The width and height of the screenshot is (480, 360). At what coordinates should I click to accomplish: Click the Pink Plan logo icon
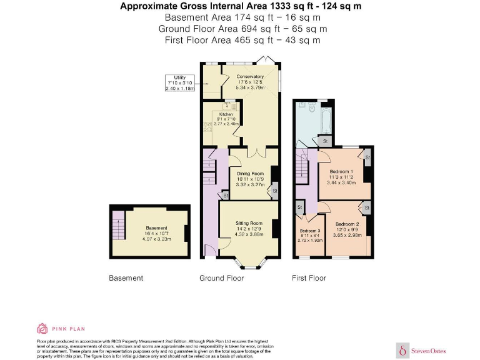42,328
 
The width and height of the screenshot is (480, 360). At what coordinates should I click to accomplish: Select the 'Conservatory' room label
250,77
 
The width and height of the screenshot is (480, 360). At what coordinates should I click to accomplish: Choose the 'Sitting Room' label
249,223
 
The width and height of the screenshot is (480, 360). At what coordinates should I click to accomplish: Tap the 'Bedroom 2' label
346,224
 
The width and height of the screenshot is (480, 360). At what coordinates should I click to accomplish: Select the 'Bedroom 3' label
309,229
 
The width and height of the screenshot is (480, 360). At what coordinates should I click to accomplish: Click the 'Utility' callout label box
180,83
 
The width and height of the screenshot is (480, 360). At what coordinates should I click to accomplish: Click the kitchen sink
226,105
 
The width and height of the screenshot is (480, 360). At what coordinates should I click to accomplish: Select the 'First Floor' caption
309,278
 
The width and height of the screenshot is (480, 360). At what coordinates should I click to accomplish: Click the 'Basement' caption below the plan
126,278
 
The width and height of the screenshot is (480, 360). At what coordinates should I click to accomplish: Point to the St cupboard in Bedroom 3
300,207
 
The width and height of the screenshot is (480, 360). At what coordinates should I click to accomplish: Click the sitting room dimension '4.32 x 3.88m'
249,234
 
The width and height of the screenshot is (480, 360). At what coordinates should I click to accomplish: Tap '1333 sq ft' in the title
287,6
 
